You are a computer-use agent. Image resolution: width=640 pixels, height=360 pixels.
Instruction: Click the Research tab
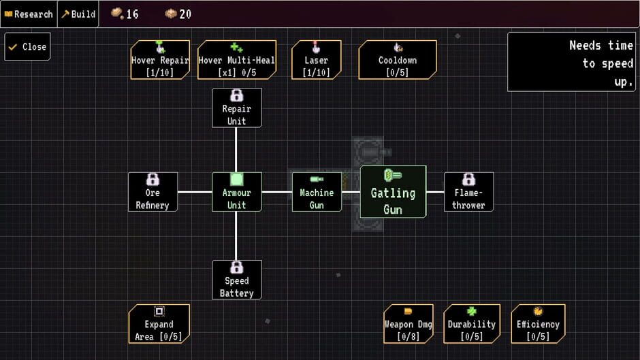29,14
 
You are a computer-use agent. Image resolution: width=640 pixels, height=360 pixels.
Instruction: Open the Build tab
78,14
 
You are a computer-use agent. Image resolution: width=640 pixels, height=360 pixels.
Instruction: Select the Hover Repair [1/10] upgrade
160,60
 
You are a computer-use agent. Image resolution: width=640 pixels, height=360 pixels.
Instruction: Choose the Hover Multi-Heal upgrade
236,60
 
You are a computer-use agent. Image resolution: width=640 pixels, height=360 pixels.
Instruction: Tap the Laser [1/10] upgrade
317,60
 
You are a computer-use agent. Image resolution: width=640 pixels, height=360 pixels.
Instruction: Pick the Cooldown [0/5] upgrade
398,60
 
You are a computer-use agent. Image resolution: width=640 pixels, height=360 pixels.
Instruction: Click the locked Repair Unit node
236,108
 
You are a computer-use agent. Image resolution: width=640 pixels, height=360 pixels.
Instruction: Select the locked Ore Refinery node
153,192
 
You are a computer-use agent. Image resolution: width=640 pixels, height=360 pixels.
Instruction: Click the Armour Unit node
236,192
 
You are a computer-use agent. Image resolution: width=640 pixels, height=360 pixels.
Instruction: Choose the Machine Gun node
317,192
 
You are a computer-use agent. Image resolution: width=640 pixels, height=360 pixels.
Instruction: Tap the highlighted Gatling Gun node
393,192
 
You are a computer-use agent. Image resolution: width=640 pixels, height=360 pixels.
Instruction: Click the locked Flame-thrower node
468,192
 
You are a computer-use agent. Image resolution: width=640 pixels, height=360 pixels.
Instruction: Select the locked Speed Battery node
236,280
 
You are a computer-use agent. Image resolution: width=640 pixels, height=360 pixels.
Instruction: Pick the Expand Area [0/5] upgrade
159,323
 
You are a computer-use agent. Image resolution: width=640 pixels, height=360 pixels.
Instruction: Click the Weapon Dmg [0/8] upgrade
408,323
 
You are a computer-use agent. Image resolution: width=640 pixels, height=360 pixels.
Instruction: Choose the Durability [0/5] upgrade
471,323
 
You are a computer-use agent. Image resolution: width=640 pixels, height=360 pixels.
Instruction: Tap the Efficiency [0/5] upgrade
538,323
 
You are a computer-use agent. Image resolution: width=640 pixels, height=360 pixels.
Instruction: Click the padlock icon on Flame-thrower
468,180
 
